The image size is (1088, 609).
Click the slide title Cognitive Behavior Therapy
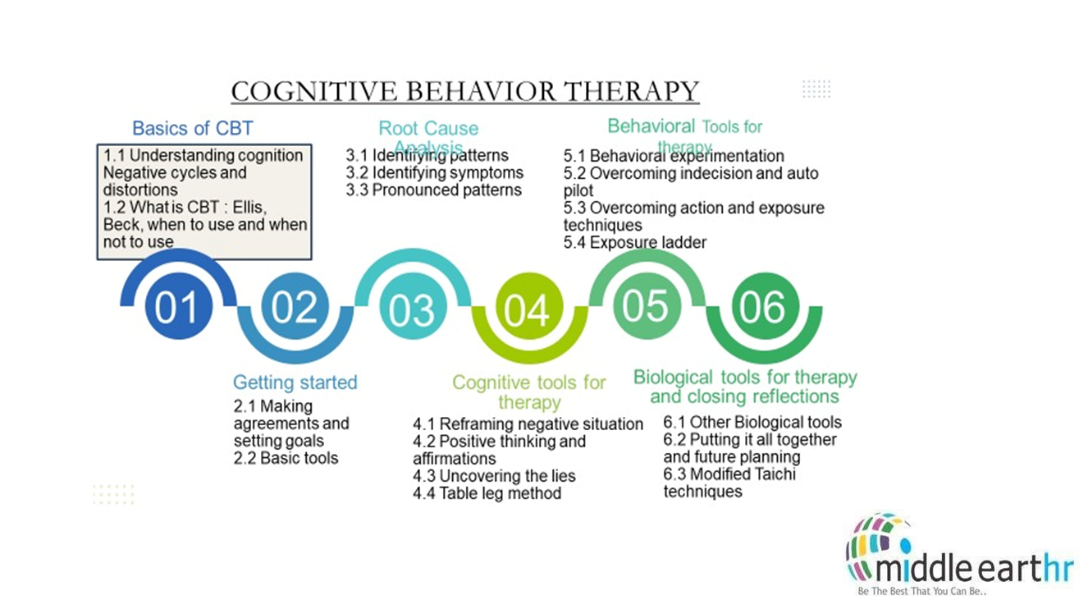[x=464, y=91]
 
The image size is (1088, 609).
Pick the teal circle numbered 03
[x=412, y=310]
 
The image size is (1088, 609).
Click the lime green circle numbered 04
[x=528, y=310]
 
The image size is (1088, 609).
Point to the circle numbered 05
[x=645, y=306]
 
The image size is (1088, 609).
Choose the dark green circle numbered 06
[x=762, y=307]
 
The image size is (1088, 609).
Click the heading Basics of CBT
[x=193, y=128]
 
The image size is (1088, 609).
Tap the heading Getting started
[x=295, y=382]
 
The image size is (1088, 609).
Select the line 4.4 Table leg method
[x=487, y=493]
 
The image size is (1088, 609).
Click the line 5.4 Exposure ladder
[x=635, y=242]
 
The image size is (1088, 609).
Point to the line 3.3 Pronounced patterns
[x=434, y=190]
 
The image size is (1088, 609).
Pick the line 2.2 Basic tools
[x=286, y=458]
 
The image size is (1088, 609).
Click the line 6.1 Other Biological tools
[x=752, y=423]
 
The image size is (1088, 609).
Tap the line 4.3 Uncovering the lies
[x=494, y=476]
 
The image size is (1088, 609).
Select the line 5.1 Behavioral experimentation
[x=674, y=156]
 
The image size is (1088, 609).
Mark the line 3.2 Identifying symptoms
[x=435, y=173]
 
